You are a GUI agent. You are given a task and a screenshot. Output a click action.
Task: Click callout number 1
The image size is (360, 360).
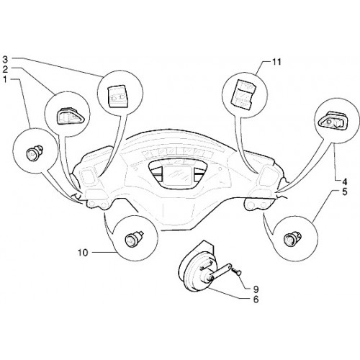(x=5, y=79)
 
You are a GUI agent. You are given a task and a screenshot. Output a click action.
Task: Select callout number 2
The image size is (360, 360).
(x=5, y=69)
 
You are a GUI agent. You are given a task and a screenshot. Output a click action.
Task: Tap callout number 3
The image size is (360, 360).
(x=5, y=59)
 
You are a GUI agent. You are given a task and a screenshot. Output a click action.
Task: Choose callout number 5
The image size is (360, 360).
(x=345, y=192)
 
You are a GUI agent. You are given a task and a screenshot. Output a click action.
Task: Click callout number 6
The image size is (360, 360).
(x=256, y=300)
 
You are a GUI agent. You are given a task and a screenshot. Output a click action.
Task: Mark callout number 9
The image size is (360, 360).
(x=256, y=289)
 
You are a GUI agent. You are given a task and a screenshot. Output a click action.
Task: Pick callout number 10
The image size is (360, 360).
(x=83, y=253)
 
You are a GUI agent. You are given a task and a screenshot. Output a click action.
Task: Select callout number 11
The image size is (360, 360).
(x=276, y=62)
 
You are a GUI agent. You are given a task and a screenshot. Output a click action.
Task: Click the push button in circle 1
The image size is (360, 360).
(x=33, y=152)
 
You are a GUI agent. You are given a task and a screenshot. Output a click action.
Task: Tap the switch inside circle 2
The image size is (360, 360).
(x=68, y=116)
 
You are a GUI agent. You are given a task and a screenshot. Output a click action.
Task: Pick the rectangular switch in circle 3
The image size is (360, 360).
(x=117, y=96)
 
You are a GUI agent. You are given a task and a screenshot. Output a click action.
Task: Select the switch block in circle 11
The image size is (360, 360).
(x=243, y=92)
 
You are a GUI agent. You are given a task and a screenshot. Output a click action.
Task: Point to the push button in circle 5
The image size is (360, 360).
(x=292, y=238)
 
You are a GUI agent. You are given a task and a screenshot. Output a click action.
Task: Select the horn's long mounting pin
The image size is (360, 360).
(x=220, y=271)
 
